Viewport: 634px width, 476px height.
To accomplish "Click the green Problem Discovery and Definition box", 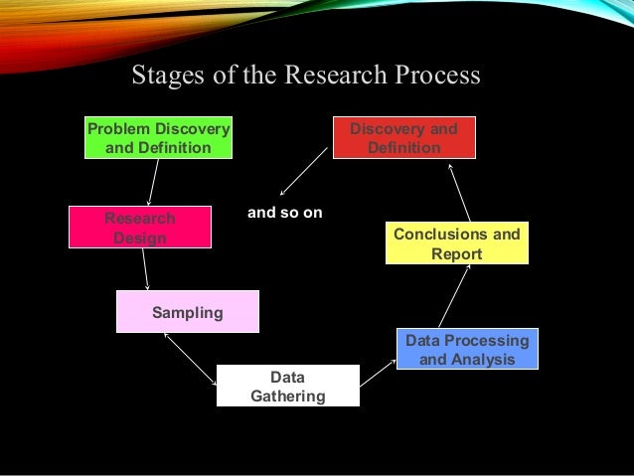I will [159, 138].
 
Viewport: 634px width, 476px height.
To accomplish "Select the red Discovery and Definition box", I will [403, 138].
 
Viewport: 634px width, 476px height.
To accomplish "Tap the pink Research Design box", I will [139, 228].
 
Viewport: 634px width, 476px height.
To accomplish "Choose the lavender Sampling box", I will [187, 312].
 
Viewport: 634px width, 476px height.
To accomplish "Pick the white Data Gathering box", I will [287, 387].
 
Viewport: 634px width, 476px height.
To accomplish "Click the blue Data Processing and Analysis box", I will [467, 350].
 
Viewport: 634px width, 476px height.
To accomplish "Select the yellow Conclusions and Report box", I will [456, 243].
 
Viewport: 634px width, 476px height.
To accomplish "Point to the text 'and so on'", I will [284, 213].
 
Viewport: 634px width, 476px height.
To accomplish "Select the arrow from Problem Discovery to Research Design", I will [152, 183].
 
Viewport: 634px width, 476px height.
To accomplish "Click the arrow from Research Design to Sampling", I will [145, 268].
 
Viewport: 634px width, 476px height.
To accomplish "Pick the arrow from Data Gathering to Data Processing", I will [378, 373].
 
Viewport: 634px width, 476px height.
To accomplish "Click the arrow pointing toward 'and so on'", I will [303, 171].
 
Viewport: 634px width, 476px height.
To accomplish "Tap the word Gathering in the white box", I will [287, 397].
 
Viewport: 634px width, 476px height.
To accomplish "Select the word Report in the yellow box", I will [456, 254].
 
